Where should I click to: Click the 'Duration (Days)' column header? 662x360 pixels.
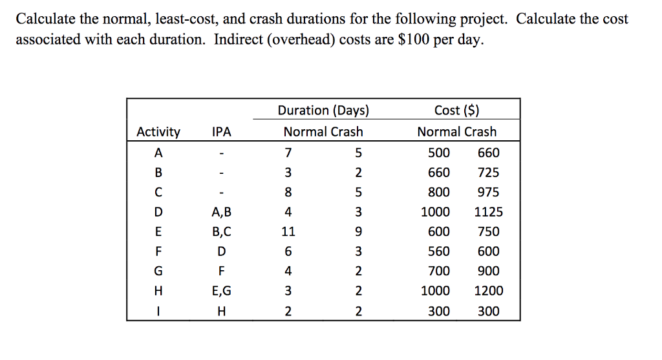tap(323, 111)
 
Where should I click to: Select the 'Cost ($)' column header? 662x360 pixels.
tap(456, 111)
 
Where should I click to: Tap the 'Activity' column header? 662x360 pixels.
tap(158, 132)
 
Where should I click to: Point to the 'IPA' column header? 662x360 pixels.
tap(222, 132)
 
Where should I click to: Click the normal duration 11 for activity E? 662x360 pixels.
tap(288, 232)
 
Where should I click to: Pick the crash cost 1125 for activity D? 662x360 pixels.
tap(488, 212)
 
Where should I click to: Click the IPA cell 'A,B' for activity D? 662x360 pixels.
tap(222, 212)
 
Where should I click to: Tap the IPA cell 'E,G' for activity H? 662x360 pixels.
tap(222, 291)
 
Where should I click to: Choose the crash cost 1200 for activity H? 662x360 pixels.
tap(488, 291)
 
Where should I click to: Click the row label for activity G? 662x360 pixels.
tap(158, 271)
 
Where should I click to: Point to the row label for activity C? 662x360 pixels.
tap(158, 193)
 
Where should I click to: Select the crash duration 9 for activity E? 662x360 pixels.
tap(358, 232)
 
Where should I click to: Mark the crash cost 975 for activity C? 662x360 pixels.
tap(488, 193)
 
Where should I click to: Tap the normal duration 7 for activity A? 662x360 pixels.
tap(288, 153)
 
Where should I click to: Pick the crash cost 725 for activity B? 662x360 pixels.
tap(488, 173)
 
